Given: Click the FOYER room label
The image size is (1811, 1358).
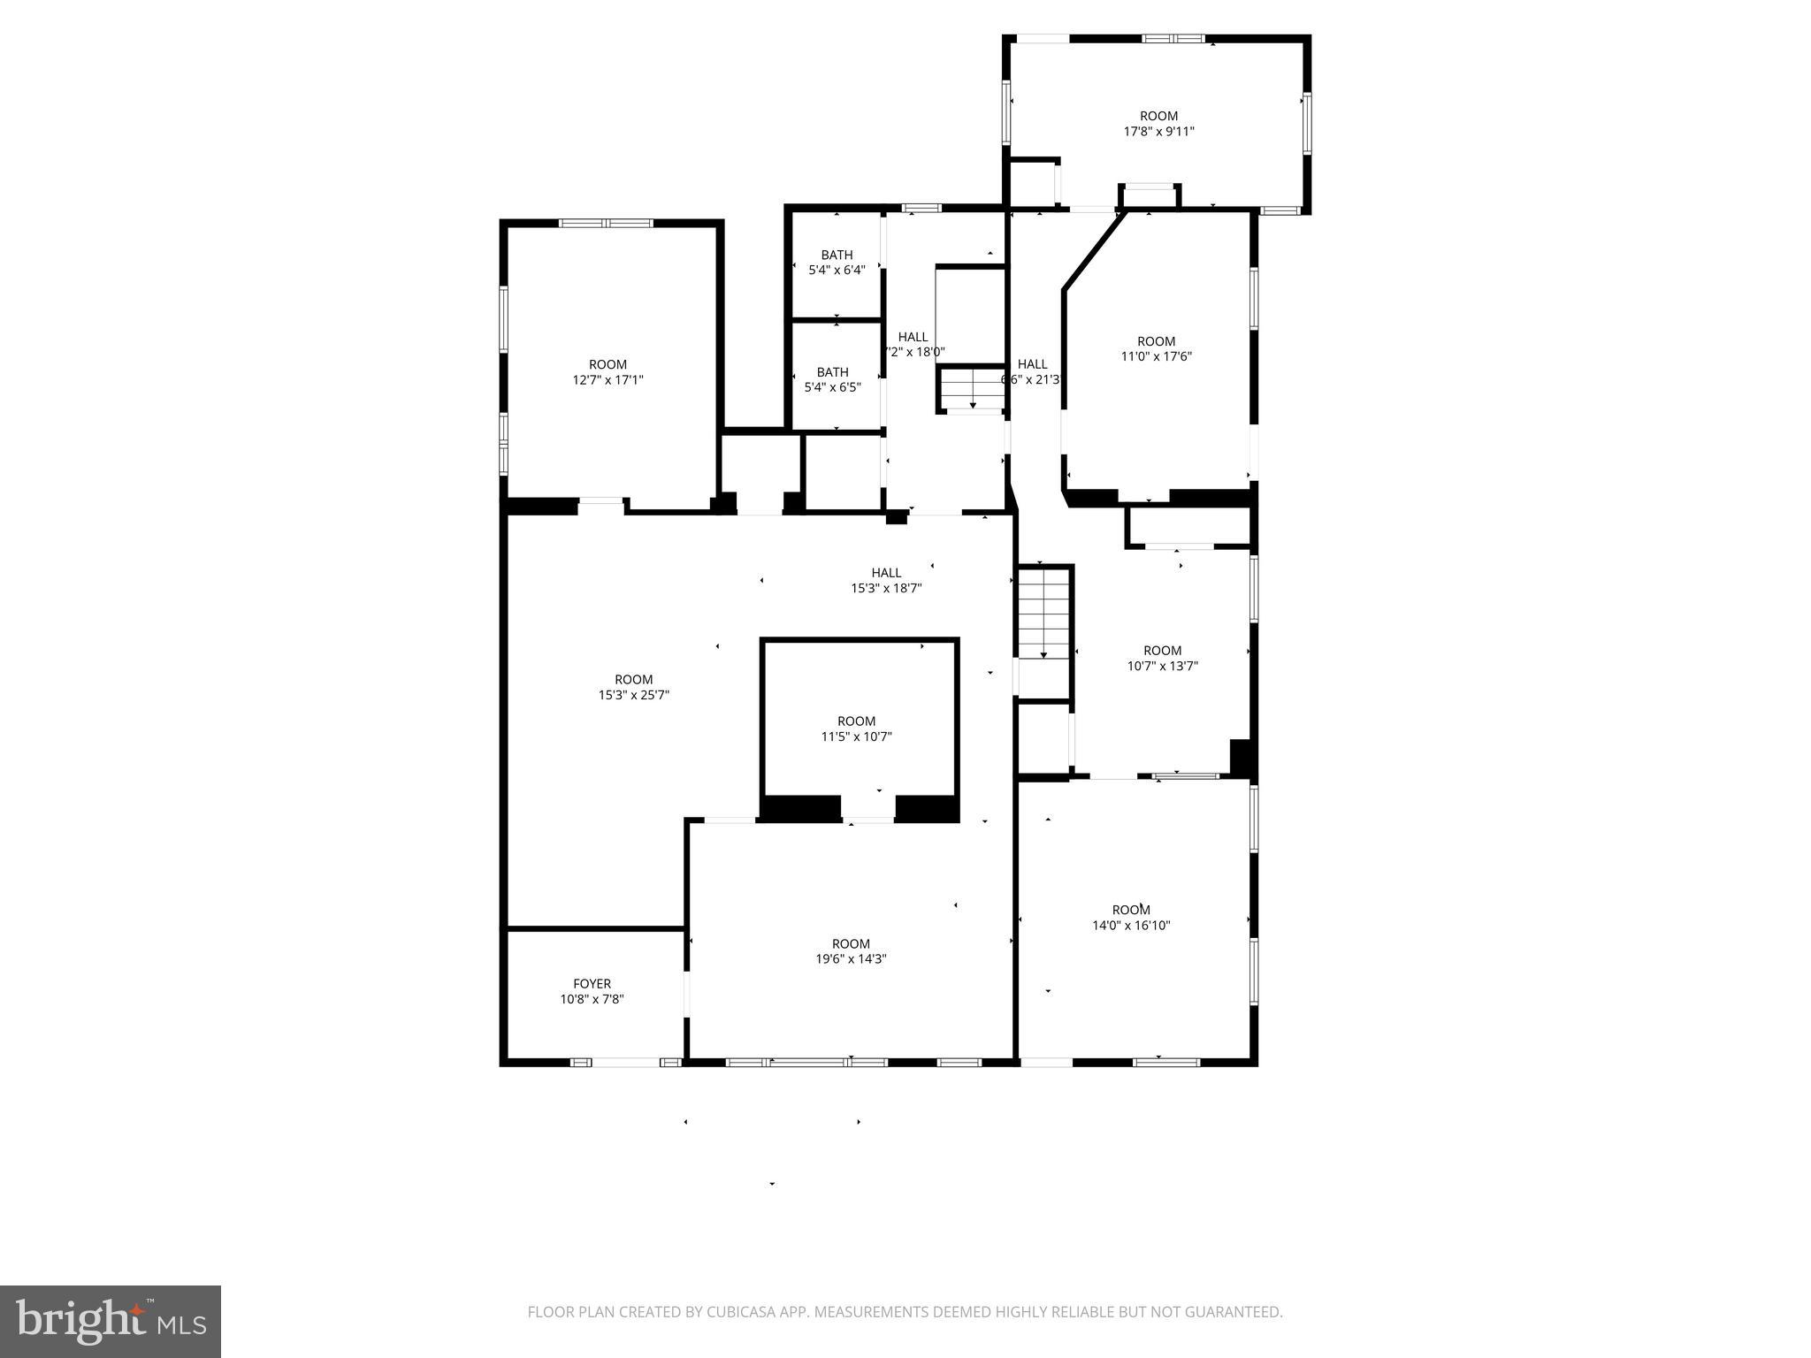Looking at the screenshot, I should (592, 983).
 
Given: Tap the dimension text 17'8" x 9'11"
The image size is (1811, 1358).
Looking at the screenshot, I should (1158, 132).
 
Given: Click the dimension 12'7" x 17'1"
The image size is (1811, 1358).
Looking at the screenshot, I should (607, 380).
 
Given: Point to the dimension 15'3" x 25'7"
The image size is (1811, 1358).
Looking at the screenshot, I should (633, 696).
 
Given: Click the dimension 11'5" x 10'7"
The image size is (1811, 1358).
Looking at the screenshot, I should (856, 736).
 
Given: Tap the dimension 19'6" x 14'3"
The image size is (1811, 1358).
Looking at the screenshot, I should (851, 959).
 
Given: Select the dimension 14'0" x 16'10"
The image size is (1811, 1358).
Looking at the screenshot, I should (1131, 926).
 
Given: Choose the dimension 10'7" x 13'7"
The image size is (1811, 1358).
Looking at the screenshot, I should (1162, 667).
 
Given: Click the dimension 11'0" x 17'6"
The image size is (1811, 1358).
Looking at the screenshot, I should (1156, 357).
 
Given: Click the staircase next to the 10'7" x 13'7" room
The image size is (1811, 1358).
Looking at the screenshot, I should (1043, 614).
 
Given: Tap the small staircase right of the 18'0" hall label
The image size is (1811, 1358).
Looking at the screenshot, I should (972, 389).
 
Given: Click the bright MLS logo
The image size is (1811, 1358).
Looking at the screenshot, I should (111, 1321).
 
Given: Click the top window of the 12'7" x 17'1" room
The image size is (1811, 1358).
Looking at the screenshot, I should (606, 223).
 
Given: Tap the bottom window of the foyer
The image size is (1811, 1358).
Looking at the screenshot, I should (626, 1062).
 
